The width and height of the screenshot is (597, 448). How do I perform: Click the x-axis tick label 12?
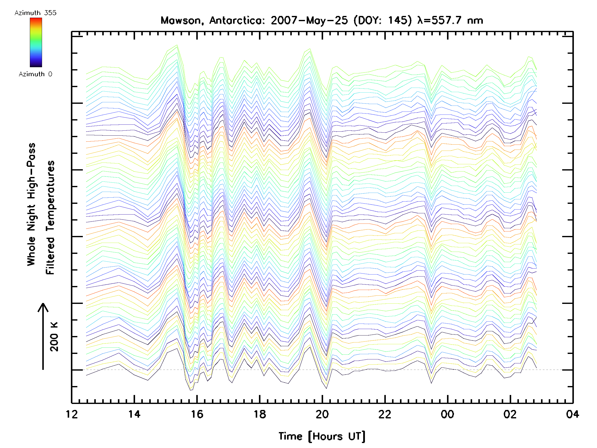(72, 414)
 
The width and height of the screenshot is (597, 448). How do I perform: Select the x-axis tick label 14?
(134, 414)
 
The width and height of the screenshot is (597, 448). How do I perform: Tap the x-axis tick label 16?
(197, 414)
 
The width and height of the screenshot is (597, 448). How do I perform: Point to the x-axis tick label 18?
(260, 414)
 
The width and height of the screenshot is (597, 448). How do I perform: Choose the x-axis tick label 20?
(322, 414)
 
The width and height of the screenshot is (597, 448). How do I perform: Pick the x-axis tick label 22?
(385, 414)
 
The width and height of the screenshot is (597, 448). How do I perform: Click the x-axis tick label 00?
(447, 414)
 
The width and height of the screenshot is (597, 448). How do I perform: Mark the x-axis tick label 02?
(510, 414)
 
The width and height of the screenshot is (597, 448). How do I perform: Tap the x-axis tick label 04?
(572, 414)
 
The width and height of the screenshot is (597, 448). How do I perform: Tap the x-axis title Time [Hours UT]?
(322, 436)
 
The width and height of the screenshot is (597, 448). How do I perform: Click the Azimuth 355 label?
(35, 13)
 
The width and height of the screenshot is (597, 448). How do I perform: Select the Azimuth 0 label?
(35, 74)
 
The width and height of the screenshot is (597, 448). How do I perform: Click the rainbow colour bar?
(36, 42)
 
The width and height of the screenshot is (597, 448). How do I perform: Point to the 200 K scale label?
(54, 336)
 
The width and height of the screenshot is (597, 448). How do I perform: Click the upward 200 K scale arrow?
(43, 336)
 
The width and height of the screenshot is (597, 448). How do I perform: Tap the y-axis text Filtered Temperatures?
(50, 217)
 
